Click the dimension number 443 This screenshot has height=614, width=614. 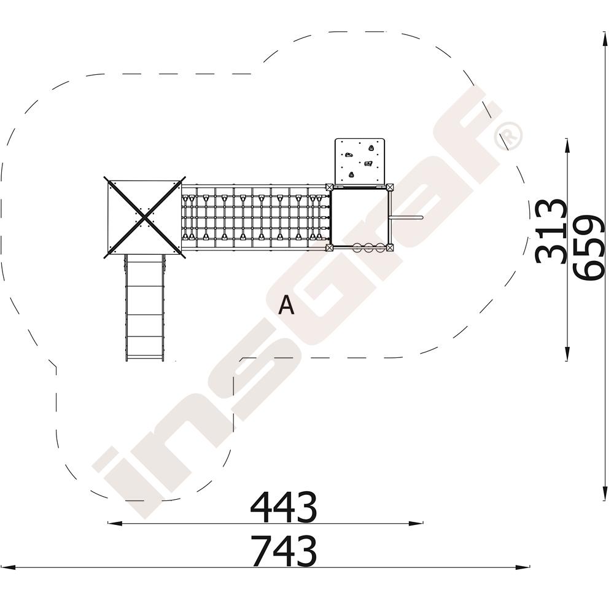point(283,507)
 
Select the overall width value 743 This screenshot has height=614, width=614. point(283,551)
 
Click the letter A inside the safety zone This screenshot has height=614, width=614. point(286,305)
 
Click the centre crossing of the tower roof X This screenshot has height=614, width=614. point(144,217)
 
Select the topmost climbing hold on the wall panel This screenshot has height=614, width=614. point(371,148)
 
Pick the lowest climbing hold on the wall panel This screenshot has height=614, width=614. point(351,174)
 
